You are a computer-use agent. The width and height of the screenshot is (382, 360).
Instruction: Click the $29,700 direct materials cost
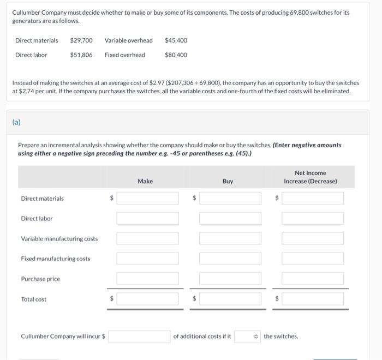tap(81, 40)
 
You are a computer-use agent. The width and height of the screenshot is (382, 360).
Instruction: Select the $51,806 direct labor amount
tap(81, 55)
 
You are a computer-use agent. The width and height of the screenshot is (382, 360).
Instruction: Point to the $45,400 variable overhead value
tap(176, 40)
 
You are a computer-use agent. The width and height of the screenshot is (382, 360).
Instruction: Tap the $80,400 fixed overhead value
tap(176, 55)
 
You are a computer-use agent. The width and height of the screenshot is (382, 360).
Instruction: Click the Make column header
tap(145, 181)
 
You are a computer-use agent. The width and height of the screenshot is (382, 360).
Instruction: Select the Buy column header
tap(228, 181)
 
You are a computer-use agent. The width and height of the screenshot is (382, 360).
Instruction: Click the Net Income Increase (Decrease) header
tap(310, 177)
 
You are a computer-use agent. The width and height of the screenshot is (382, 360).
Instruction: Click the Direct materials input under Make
tap(147, 199)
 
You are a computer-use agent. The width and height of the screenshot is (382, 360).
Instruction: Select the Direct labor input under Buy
tap(230, 218)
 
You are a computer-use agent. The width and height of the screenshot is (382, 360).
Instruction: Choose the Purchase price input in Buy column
tap(230, 279)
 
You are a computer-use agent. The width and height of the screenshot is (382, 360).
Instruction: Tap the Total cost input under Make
tap(147, 299)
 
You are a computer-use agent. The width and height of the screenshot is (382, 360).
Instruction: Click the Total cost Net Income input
tap(313, 299)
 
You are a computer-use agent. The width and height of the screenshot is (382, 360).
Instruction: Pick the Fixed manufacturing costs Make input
tap(147, 259)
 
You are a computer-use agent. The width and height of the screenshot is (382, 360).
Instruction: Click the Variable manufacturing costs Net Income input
tap(313, 238)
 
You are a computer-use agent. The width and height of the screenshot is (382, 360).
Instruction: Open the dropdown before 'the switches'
tap(247, 337)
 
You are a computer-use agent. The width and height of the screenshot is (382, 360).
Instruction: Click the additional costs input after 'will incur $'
tap(139, 337)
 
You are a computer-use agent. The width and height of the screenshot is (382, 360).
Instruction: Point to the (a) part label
tap(16, 123)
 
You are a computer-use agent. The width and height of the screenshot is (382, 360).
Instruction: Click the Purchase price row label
tap(40, 279)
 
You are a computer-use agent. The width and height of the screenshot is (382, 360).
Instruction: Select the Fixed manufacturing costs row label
tap(55, 259)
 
